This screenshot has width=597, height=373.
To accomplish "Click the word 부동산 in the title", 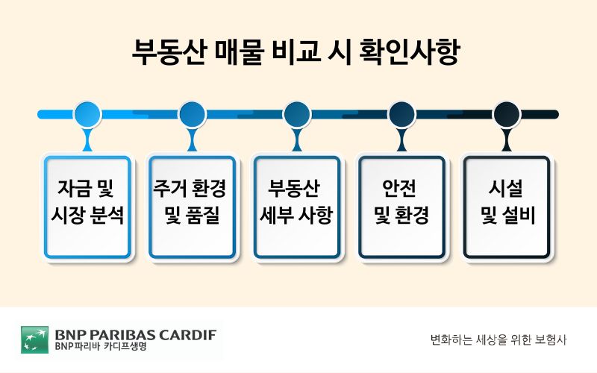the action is point(169,51).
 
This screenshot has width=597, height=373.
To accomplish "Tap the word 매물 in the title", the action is point(239,51).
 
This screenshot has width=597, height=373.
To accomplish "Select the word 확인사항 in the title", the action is point(410,51).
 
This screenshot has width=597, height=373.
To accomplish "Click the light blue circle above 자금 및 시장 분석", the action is point(87,114).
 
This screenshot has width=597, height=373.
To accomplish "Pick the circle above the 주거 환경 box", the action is point(193,114).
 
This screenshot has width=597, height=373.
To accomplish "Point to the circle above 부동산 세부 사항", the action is point(297,114).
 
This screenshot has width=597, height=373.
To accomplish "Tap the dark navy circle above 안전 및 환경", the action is point(401,114).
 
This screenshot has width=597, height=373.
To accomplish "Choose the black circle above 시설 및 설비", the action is point(507,114).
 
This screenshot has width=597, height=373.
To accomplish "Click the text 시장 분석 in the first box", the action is point(87,215).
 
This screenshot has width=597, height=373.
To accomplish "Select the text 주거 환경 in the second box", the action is point(190,188).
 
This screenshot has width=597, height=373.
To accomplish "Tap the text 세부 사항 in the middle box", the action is point(296,215).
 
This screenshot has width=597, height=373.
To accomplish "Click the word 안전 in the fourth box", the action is point(399,188).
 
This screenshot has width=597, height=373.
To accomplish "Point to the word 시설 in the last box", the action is point(506,188).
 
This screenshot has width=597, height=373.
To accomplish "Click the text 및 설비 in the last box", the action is point(508,215).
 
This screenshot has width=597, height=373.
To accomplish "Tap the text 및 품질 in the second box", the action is point(193,215).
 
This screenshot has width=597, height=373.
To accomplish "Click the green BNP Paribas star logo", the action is point(34,339).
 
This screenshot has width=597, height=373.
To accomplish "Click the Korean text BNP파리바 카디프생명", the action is point(101,346).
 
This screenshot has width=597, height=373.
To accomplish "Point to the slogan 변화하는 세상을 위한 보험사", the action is point(498,339).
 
